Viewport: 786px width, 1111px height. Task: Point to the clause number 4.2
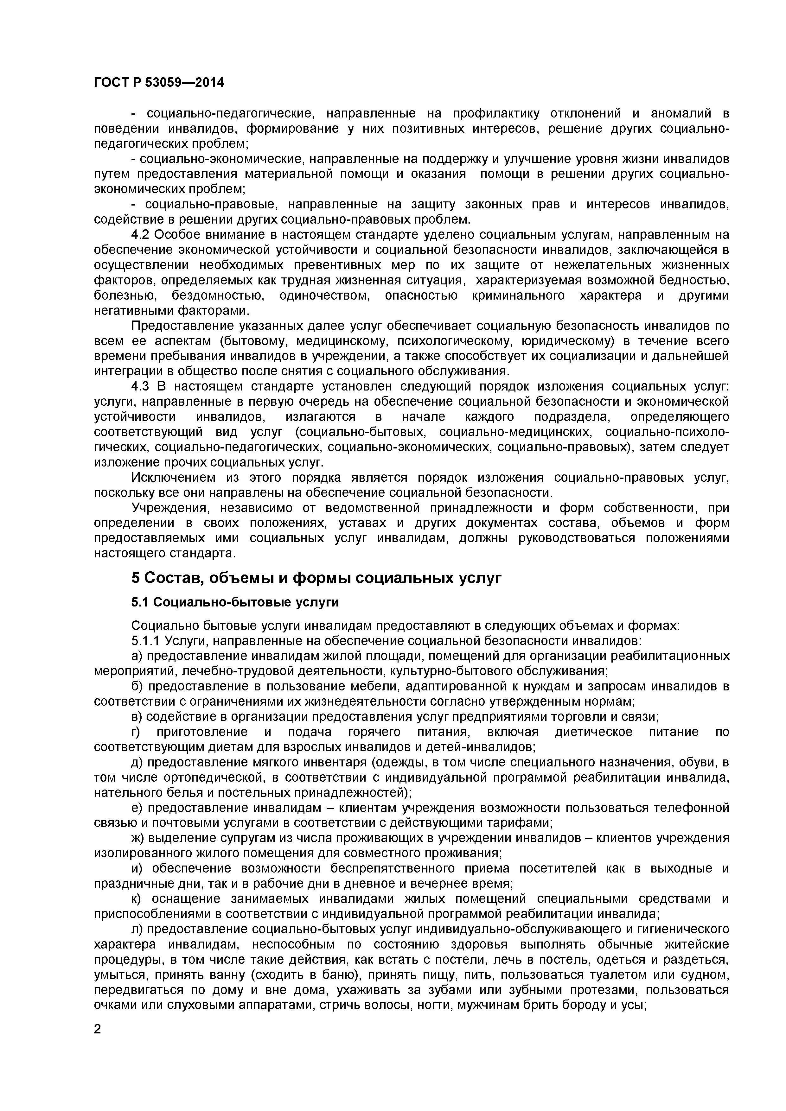click(x=141, y=235)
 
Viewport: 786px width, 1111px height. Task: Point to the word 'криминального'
click(x=518, y=296)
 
